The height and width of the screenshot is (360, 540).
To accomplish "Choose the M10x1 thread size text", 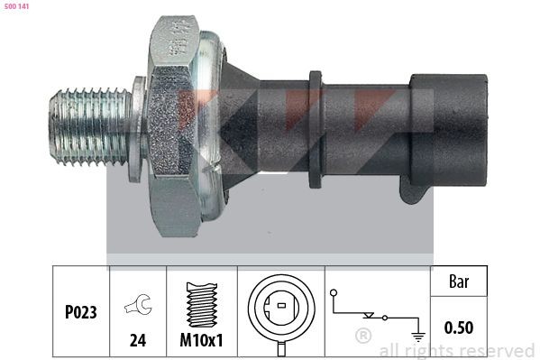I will (x=201, y=343).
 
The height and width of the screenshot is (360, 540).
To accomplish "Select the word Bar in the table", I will (x=460, y=282).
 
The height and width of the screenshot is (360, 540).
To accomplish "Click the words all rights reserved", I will (x=456, y=350).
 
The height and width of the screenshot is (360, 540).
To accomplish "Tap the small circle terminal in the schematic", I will (x=334, y=293).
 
